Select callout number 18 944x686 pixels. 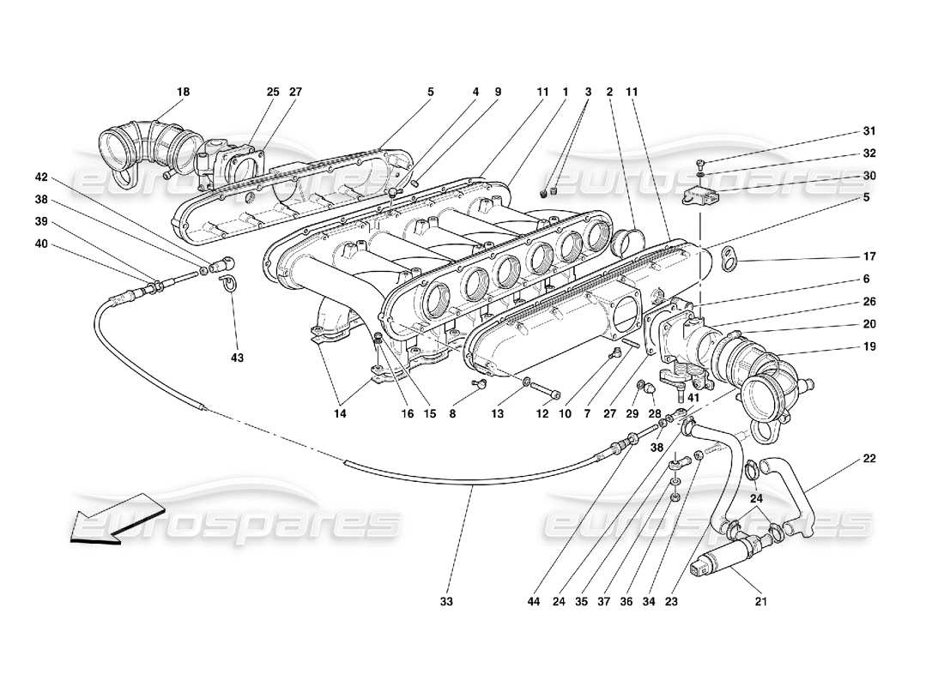pos(183,92)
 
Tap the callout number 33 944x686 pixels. pos(446,602)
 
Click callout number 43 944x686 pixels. pos(237,358)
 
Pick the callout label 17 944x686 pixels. pos(869,256)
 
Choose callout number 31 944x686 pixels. pos(869,131)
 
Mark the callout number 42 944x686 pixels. pos(41,178)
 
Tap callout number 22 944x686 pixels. pos(869,458)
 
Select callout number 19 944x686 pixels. pos(869,347)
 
